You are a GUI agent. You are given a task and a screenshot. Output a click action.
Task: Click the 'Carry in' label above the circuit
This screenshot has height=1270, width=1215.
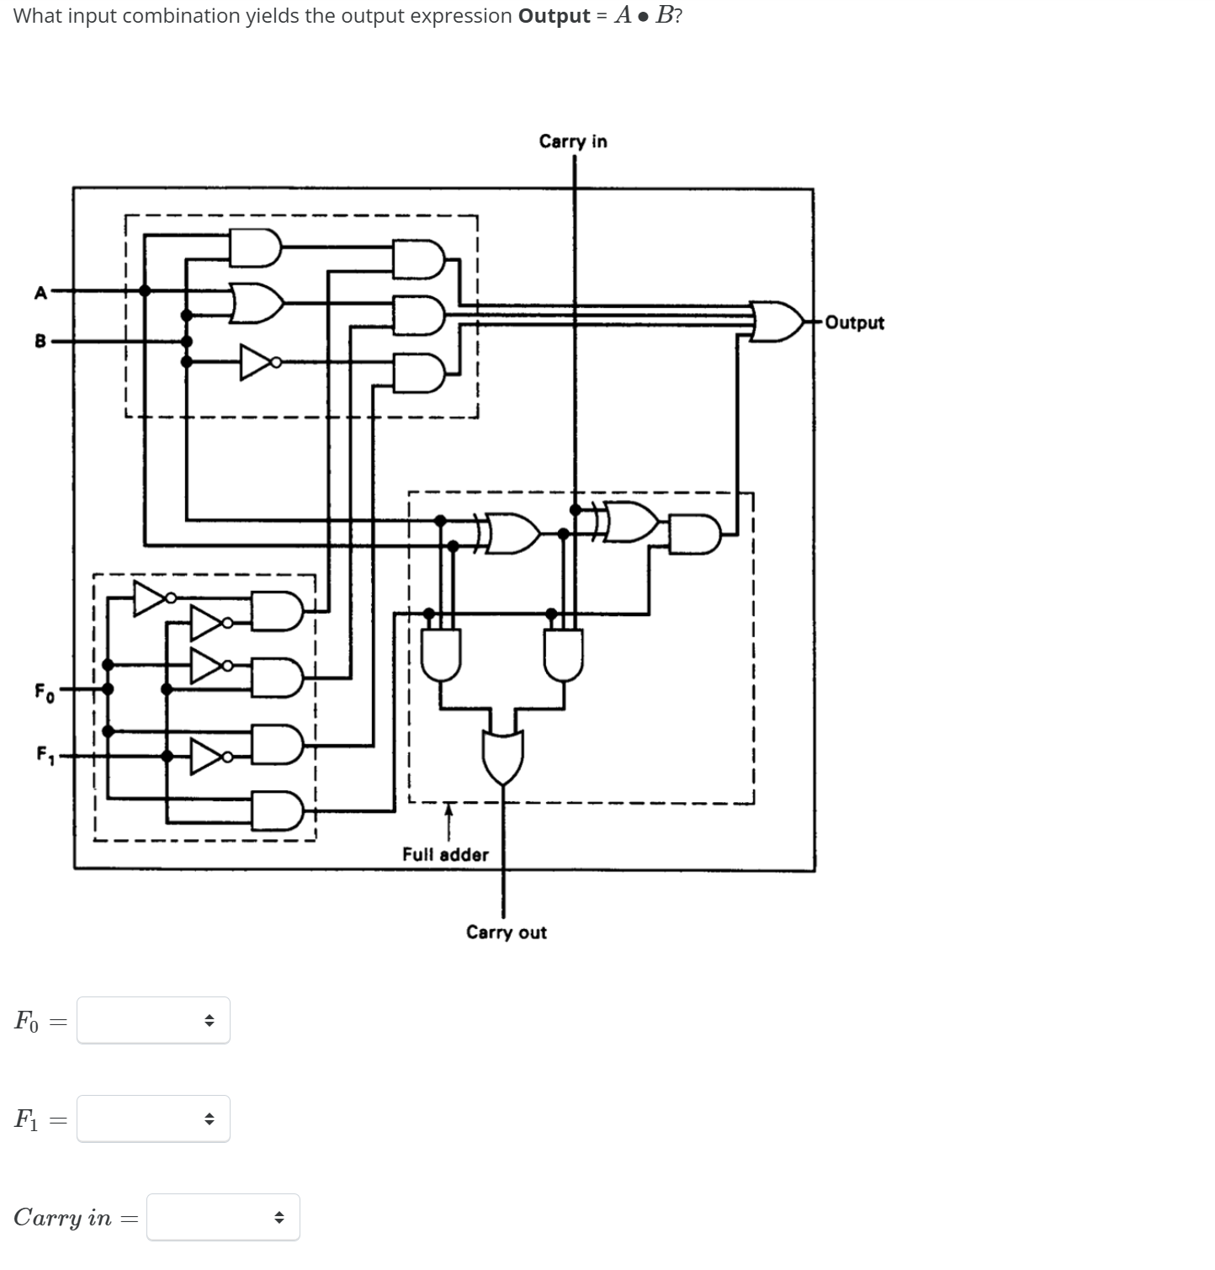click(572, 141)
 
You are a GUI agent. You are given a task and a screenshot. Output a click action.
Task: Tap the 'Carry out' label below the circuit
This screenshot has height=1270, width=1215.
click(506, 933)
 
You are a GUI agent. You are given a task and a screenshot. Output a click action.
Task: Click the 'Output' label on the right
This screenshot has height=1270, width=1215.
click(854, 323)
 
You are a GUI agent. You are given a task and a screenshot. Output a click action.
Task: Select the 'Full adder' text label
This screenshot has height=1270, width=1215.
click(445, 855)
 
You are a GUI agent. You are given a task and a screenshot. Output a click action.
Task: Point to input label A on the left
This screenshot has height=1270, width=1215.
click(40, 293)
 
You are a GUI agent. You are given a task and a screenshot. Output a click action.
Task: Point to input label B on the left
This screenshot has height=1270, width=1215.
click(40, 341)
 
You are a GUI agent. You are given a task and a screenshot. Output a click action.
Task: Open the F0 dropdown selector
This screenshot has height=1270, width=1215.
click(153, 1021)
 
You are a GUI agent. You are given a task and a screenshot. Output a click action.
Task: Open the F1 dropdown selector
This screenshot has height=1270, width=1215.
click(153, 1119)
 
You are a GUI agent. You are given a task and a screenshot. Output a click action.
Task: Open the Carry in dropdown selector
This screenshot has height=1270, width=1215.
click(223, 1217)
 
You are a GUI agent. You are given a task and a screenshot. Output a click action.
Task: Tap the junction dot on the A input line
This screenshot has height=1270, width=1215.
click(145, 290)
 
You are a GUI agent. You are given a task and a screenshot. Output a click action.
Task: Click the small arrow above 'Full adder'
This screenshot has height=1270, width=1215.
click(448, 813)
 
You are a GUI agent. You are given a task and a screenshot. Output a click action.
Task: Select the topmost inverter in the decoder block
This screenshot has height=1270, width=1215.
click(151, 598)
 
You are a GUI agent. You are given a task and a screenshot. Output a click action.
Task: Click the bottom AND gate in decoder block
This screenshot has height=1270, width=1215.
click(278, 810)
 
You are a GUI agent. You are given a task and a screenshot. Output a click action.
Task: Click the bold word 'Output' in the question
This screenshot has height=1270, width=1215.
click(554, 16)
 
